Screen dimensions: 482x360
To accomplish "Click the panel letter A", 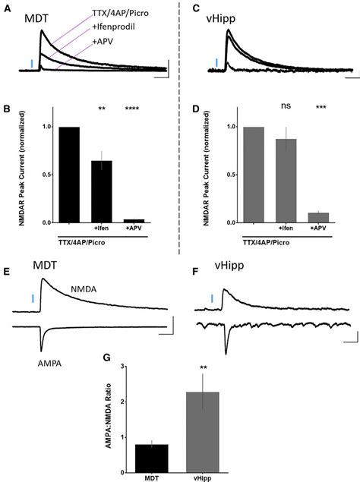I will (x=7, y=8).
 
